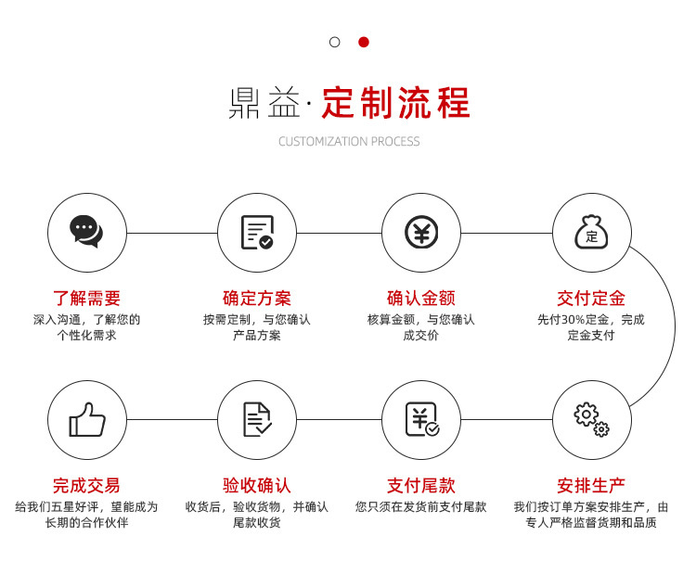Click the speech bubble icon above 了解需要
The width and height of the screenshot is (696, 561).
tap(86, 232)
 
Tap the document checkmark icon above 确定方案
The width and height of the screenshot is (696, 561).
tap(257, 232)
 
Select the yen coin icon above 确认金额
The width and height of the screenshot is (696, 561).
tap(420, 232)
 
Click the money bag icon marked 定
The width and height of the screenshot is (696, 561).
tap(591, 232)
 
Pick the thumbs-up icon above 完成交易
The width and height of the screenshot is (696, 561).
tap(86, 419)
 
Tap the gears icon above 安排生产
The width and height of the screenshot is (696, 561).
tap(591, 419)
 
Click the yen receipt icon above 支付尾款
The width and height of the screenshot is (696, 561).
tap(420, 419)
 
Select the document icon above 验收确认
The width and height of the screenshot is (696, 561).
tap(257, 419)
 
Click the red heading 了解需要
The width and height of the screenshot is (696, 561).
tap(86, 299)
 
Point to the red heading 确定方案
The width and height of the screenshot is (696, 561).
tap(257, 299)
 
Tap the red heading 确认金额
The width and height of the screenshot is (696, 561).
tap(420, 299)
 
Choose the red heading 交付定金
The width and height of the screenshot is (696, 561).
tap(591, 299)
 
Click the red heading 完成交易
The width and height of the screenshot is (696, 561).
tap(86, 485)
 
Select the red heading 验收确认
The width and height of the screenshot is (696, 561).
tap(257, 485)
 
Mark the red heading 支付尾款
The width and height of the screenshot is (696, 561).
tap(420, 485)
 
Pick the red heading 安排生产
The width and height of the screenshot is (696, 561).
tap(591, 485)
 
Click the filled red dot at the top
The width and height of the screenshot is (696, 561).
tap(364, 42)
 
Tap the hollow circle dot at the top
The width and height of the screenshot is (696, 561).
tap(335, 42)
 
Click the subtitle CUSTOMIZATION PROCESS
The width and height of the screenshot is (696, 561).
tap(349, 142)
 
